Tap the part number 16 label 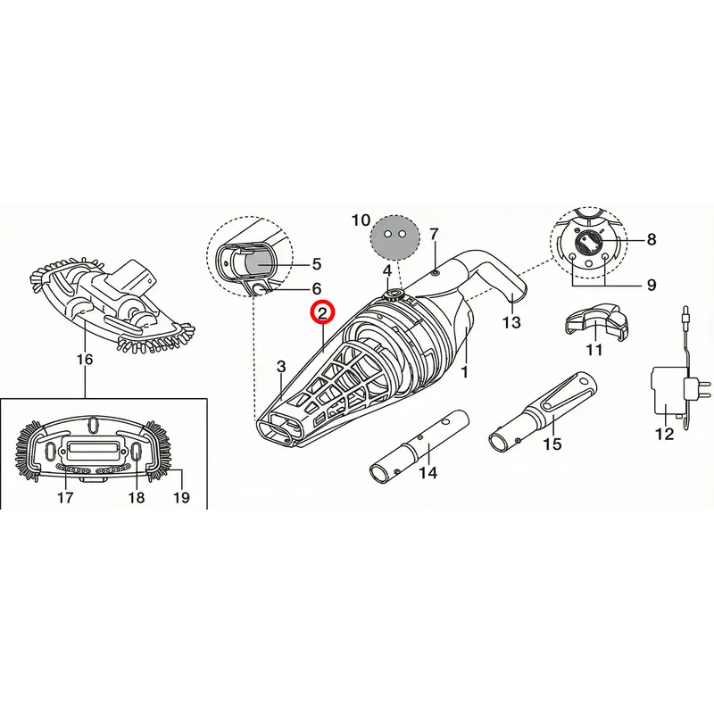(x=85, y=360)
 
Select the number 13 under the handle (x=511, y=322)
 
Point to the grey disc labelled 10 (x=393, y=237)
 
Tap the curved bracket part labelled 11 (x=594, y=321)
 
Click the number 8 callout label (x=652, y=239)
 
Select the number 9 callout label (x=652, y=285)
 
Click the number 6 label (x=317, y=288)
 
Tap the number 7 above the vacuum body (x=434, y=235)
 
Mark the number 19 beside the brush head (x=181, y=497)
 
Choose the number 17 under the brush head (x=65, y=497)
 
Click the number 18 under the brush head (x=137, y=497)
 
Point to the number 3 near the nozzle (x=281, y=366)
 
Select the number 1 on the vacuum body (x=464, y=372)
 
